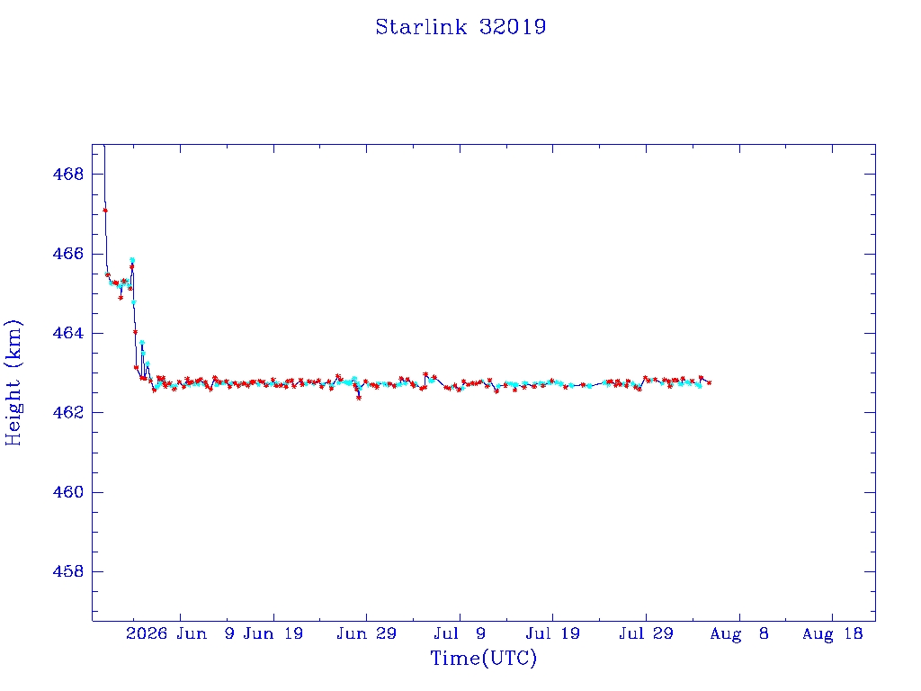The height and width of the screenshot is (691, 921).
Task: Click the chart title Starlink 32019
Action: pos(460,27)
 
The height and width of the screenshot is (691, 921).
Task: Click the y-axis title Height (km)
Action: pos(13,382)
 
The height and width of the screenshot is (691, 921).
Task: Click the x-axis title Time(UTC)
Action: pos(483,658)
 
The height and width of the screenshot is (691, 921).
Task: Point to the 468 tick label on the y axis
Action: pos(68,174)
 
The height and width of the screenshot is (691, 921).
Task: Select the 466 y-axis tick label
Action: pos(68,254)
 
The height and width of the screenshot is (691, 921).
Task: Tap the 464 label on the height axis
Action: pos(68,333)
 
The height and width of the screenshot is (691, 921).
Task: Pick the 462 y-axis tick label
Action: pos(68,412)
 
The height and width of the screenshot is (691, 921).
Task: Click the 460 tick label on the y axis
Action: pos(68,492)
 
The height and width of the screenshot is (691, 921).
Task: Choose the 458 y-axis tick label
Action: pos(68,571)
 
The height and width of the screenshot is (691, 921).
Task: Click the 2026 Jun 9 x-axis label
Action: pos(180,634)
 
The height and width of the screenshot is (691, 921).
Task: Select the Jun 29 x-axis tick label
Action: pos(367,634)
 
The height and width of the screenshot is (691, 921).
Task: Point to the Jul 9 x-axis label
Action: pos(460,634)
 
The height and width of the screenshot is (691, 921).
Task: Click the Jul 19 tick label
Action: pos(553,634)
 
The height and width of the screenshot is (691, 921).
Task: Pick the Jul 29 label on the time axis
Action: pos(646,634)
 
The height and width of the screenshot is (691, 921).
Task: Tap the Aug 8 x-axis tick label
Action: pos(739,634)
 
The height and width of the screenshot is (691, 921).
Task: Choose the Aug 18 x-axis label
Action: pos(832,634)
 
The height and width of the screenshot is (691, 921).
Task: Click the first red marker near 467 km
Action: pos(105,211)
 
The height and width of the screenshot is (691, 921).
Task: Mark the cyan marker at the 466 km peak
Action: pos(132,260)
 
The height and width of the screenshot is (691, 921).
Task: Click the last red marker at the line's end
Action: pos(709,382)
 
